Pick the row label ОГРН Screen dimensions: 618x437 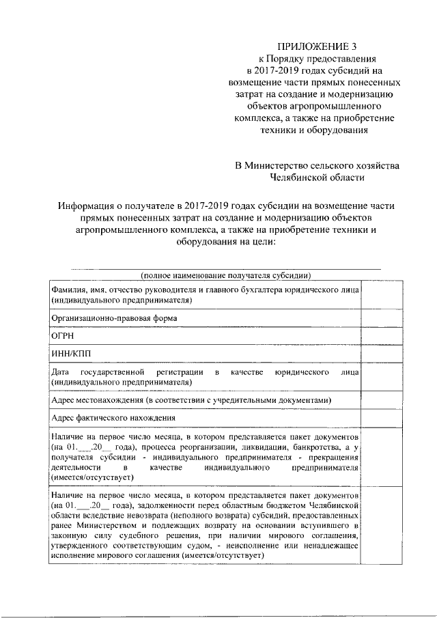[62, 337]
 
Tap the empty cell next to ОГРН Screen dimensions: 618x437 [374, 337]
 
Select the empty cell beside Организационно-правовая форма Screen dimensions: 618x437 [374, 318]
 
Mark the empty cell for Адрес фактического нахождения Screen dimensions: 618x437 [374, 418]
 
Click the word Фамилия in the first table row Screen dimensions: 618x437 [68, 290]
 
